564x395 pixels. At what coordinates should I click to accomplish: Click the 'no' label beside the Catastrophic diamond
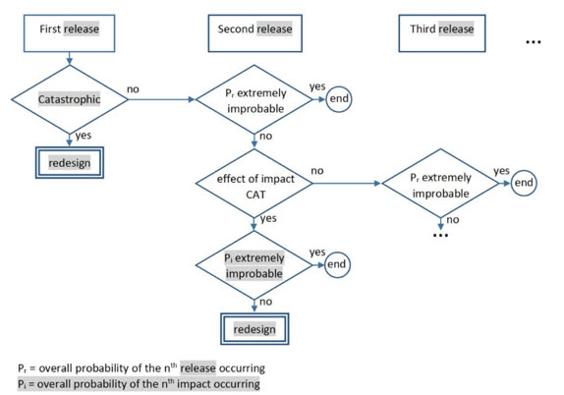pyautogui.click(x=133, y=89)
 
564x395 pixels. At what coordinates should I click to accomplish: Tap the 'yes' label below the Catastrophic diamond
pyautogui.click(x=84, y=136)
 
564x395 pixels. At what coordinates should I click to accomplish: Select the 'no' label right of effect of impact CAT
pyautogui.click(x=317, y=171)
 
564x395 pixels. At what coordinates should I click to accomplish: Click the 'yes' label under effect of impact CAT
pyautogui.click(x=268, y=219)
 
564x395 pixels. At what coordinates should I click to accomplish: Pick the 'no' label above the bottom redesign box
pyautogui.click(x=266, y=302)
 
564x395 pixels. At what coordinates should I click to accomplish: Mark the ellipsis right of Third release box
pyautogui.click(x=534, y=42)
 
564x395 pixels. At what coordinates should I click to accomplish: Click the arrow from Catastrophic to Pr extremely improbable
pyautogui.click(x=161, y=99)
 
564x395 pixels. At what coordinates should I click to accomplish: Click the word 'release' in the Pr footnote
pyautogui.click(x=197, y=368)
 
